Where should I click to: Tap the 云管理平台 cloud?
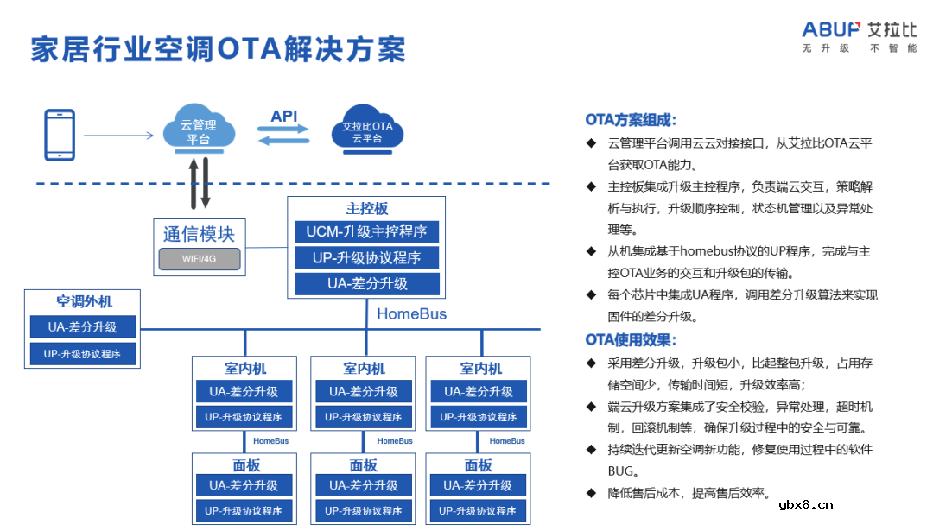[x=198, y=130]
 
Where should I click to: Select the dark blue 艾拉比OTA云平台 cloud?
[x=367, y=131]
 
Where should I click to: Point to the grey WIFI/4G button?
[x=199, y=258]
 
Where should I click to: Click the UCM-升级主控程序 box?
[x=367, y=231]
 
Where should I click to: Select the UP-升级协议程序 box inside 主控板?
[x=367, y=257]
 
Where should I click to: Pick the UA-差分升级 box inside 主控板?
[x=367, y=283]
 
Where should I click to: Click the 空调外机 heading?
[x=84, y=301]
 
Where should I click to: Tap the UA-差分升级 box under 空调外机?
[x=83, y=327]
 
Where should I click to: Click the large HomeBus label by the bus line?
[x=411, y=314]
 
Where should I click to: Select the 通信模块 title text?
[x=199, y=233]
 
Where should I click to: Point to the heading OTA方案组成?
[x=631, y=120]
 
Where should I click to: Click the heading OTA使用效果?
[x=631, y=339]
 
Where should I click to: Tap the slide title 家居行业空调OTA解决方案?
[x=218, y=49]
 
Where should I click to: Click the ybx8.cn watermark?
[x=805, y=505]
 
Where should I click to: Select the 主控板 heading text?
[x=367, y=208]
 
